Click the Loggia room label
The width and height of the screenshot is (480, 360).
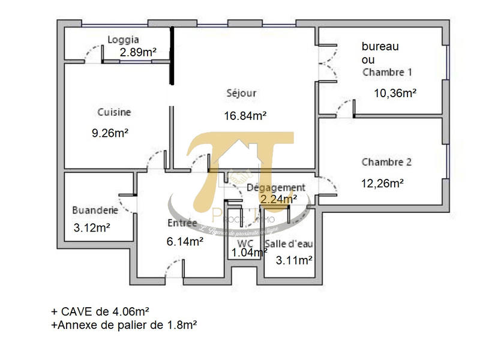click(123, 40)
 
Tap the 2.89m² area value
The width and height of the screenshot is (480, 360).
click(138, 52)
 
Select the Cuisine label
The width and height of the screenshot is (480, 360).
click(114, 112)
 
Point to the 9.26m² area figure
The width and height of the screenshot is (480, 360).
click(110, 133)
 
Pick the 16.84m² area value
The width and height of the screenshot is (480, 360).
click(245, 115)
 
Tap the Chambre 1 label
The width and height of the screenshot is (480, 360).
click(387, 72)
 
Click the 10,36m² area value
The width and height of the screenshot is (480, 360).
click(395, 93)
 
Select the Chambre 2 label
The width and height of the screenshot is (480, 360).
click(386, 162)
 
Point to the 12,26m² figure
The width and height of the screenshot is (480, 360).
click(382, 183)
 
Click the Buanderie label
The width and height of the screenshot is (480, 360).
click(94, 211)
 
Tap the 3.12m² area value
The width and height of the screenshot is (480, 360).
click(92, 228)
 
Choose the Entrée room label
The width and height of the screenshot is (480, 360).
click(182, 223)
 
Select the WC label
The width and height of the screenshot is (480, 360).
click(245, 244)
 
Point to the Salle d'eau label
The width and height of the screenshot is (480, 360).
click(289, 244)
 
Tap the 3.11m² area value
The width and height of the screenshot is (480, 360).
click(293, 260)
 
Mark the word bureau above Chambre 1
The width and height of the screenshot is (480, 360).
click(380, 46)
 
